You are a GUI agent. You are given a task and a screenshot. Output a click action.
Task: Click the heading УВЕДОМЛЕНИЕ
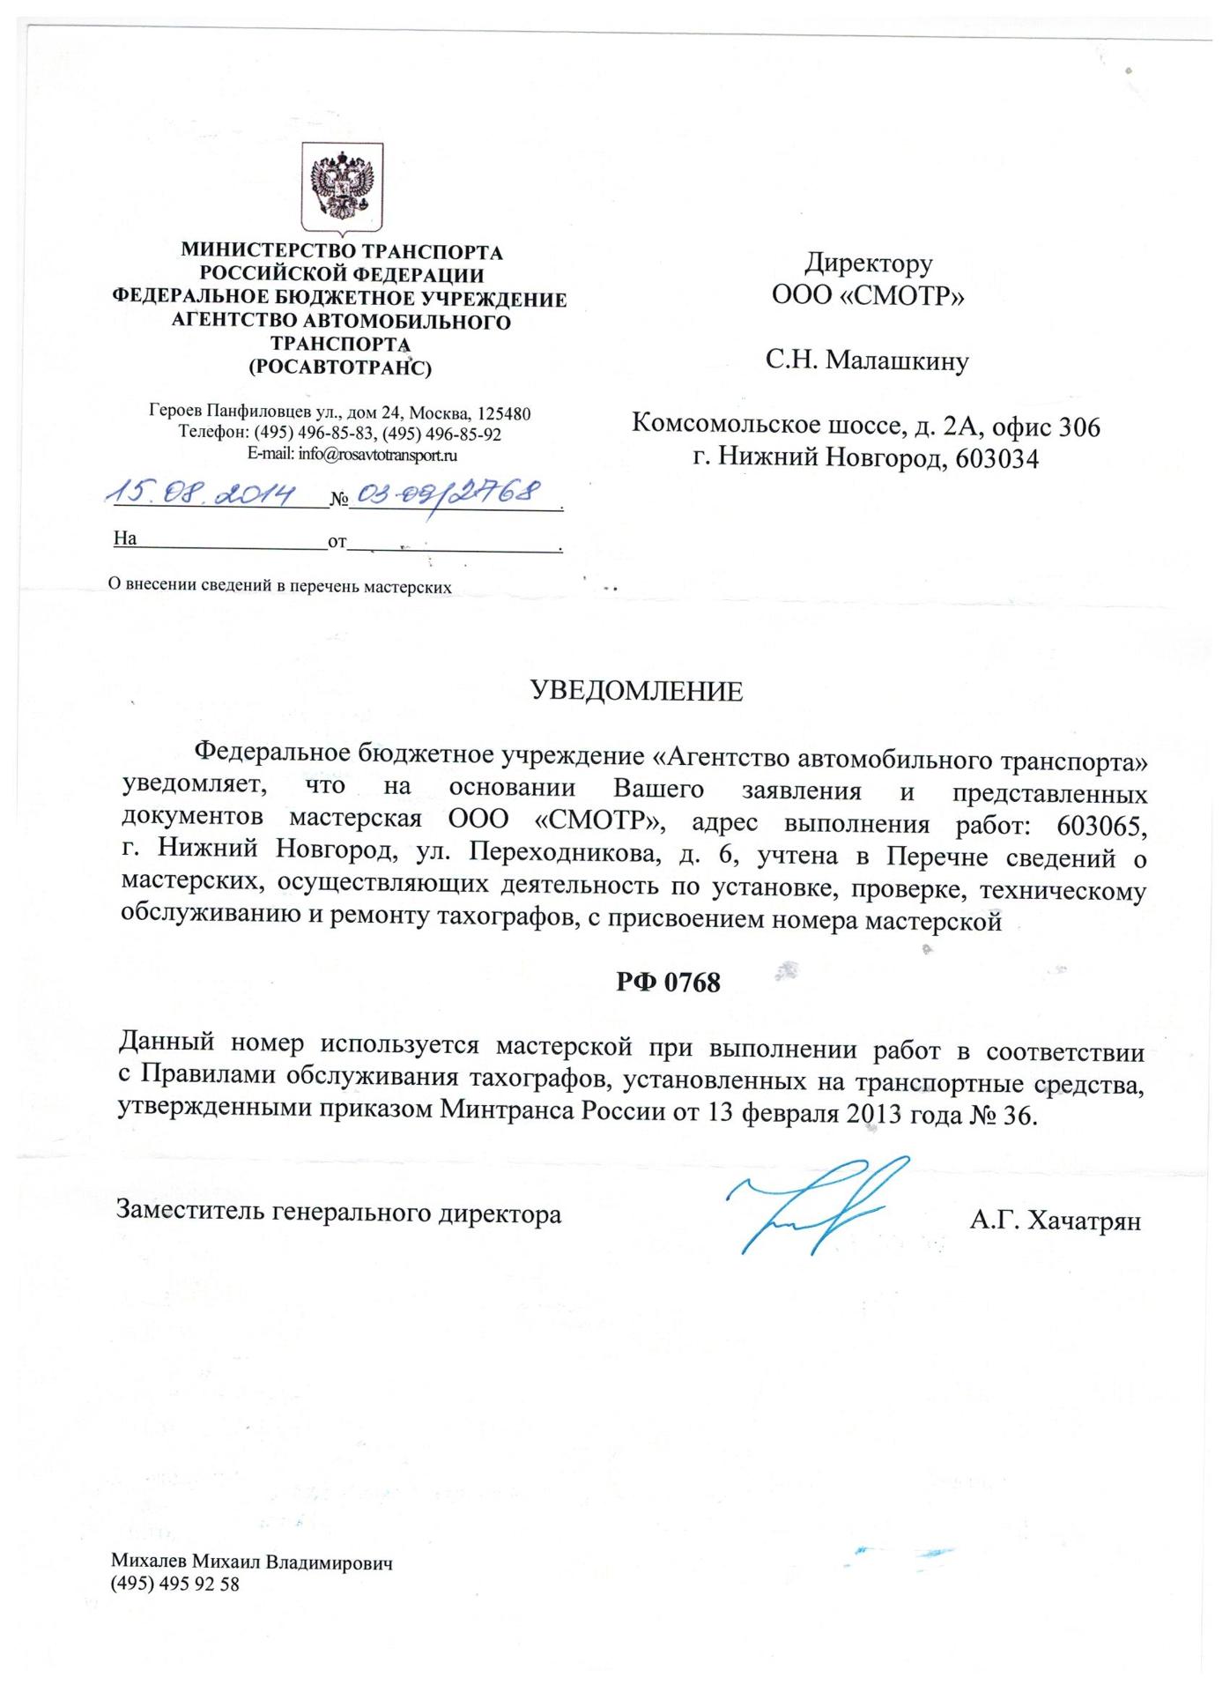point(636,692)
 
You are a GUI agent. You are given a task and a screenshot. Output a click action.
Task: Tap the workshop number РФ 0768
point(668,982)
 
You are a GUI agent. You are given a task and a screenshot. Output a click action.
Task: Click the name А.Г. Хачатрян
point(1055,1221)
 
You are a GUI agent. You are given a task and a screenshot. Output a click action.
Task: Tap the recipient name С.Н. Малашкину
point(867,361)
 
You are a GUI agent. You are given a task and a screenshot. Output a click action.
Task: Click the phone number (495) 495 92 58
point(174,1584)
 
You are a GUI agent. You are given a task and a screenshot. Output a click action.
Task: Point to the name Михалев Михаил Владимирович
point(251,1563)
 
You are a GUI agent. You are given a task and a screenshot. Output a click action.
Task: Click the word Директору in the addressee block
point(868,263)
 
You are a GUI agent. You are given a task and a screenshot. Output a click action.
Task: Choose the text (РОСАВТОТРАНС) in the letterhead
point(340,367)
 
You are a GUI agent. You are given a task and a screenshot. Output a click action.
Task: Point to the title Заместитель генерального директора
point(339,1213)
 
